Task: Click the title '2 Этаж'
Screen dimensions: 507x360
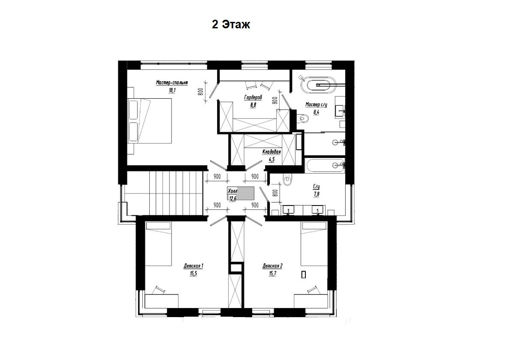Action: coord(231,24)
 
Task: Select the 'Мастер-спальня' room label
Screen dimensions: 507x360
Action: coord(172,83)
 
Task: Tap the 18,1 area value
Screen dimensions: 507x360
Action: coord(172,90)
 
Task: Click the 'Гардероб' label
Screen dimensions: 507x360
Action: coord(253,97)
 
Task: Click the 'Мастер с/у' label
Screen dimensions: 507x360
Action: coord(317,105)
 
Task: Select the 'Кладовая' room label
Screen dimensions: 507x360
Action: coord(272,152)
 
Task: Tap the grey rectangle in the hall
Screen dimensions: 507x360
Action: coord(245,194)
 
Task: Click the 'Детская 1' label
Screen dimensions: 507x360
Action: coord(193,266)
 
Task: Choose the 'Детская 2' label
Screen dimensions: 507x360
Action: coord(272,266)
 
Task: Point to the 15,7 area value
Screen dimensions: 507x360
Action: coord(272,274)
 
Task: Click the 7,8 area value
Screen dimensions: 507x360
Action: coord(316,194)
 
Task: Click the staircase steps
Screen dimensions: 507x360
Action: coord(164,193)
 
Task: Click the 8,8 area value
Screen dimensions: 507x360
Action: coord(253,104)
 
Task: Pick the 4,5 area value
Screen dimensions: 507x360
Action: coord(271,159)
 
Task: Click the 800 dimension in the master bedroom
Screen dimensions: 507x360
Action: coord(200,92)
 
